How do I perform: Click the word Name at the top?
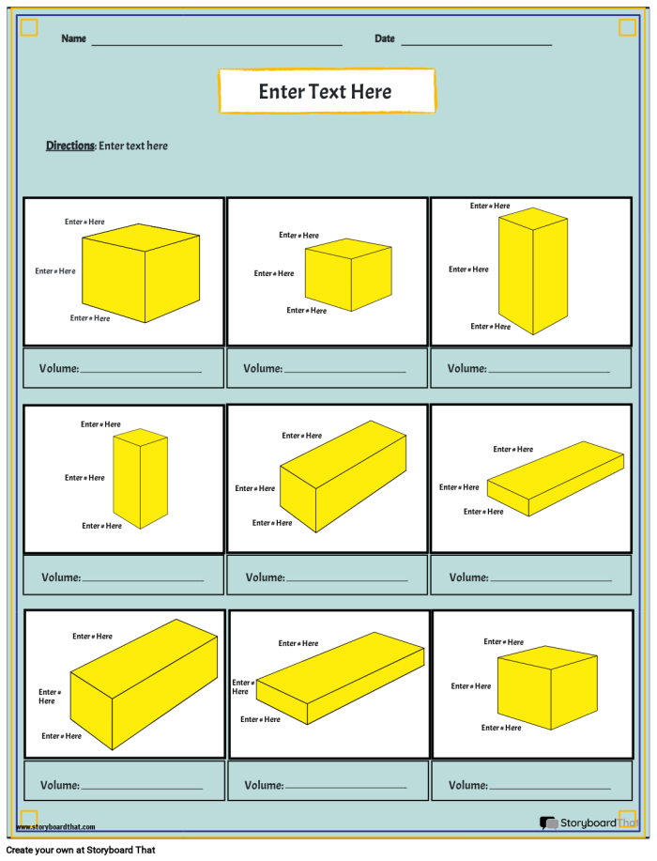tap(73, 38)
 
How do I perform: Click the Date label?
tap(384, 38)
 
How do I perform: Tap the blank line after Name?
tap(216, 43)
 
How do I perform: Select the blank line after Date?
tap(476, 43)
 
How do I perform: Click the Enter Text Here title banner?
tap(327, 91)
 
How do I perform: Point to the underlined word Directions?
tap(70, 146)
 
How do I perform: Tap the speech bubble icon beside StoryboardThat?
tap(548, 823)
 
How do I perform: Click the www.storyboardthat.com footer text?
tap(56, 827)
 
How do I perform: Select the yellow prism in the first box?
tap(141, 273)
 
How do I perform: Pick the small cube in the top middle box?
tap(347, 274)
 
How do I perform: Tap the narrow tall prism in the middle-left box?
tap(140, 478)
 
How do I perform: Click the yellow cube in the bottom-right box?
tap(547, 687)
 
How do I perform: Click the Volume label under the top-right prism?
tap(466, 368)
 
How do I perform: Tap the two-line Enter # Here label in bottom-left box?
tap(47, 697)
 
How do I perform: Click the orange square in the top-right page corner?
tap(627, 28)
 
